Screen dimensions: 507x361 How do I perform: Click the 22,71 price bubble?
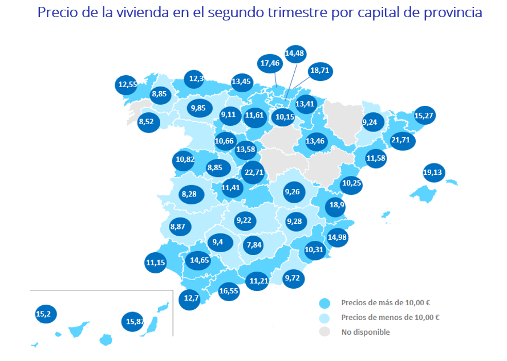[254, 173]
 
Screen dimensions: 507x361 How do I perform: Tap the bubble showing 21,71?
[401, 140]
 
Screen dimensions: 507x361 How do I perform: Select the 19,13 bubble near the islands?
[433, 173]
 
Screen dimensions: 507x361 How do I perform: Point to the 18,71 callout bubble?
[320, 71]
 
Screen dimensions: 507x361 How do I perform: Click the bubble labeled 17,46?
[270, 64]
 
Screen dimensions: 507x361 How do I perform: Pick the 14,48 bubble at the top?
[295, 54]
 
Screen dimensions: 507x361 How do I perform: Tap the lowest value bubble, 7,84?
[254, 245]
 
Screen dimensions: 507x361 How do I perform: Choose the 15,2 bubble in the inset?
[46, 314]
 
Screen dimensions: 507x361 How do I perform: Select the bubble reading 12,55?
[126, 85]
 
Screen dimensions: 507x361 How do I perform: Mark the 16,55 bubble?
[229, 292]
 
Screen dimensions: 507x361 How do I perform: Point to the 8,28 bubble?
[191, 194]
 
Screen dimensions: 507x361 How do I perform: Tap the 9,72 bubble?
[293, 278]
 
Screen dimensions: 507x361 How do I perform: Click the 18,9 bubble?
[336, 206]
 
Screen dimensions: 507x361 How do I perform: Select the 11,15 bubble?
[156, 262]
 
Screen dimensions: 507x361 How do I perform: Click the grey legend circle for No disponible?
[325, 331]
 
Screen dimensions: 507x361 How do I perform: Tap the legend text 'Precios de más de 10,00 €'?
[386, 303]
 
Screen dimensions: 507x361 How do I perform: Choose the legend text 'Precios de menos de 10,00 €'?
[390, 317]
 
